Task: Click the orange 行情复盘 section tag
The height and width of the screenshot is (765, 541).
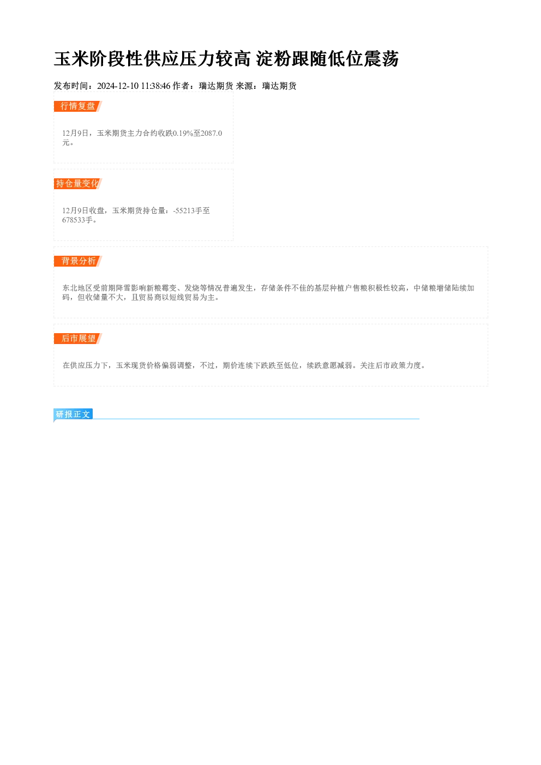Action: coord(78,106)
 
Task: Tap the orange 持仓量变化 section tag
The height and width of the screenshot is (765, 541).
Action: coord(78,184)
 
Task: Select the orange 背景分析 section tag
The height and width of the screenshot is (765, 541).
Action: coord(78,261)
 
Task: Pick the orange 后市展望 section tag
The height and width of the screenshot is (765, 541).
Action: coord(78,339)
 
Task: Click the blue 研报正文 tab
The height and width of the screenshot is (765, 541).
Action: coord(73,414)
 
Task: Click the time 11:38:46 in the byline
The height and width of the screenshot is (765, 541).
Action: coord(155,86)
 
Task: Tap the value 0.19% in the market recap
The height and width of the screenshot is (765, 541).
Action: coord(183,133)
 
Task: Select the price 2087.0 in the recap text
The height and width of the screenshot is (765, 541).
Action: coord(212,133)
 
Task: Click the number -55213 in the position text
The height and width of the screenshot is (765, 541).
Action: coord(184,210)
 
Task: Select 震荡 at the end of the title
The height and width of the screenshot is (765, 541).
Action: coord(381,59)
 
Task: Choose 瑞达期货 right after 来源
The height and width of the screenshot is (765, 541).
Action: coord(279,86)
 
